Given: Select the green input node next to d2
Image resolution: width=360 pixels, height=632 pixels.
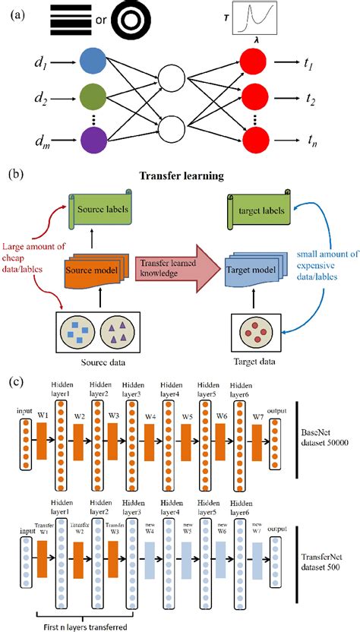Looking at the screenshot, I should click(x=90, y=98).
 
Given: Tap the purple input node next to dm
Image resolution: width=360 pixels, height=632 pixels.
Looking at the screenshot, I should click(x=90, y=140).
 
